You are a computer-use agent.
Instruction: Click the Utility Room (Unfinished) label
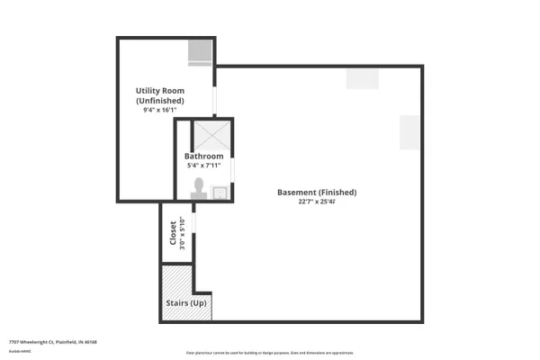pyautogui.click(x=160, y=95)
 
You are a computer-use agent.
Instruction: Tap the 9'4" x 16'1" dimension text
pyautogui.click(x=160, y=111)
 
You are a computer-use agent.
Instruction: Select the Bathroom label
pyautogui.click(x=203, y=156)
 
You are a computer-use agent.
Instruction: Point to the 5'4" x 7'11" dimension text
pyautogui.click(x=203, y=166)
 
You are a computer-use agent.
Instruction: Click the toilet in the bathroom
pyautogui.click(x=199, y=187)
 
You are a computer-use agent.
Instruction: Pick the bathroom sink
pyautogui.click(x=219, y=191)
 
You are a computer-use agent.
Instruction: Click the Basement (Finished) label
pyautogui.click(x=317, y=193)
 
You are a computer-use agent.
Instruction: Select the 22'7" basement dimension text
pyautogui.click(x=317, y=202)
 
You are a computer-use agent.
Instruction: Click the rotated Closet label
pyautogui.click(x=173, y=232)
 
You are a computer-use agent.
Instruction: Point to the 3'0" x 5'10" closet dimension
pyautogui.click(x=183, y=232)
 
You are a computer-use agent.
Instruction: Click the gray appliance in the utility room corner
pyautogui.click(x=199, y=53)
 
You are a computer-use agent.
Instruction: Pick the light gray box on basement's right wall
pyautogui.click(x=410, y=132)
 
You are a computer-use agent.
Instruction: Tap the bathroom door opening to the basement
pyautogui.click(x=233, y=168)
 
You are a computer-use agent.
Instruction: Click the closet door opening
pyautogui.click(x=194, y=229)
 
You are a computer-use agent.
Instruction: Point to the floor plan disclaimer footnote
pyautogui.click(x=270, y=352)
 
